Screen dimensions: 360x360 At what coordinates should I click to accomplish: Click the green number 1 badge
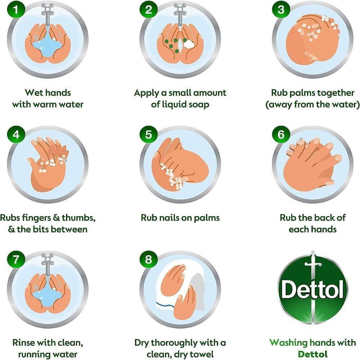pos(16,10)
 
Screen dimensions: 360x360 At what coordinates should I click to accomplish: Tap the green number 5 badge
pos(148,135)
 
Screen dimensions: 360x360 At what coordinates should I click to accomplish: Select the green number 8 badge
pos(148,260)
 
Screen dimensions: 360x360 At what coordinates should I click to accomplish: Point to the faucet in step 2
pos(180,14)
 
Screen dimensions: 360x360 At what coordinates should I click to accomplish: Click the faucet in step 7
pos(48,264)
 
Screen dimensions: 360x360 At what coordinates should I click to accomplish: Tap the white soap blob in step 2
pos(189,44)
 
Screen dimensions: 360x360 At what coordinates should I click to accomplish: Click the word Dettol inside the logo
pos(312,290)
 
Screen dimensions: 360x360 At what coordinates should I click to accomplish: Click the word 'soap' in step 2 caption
pos(199,104)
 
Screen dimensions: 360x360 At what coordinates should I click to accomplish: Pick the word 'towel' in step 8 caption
pos(203,354)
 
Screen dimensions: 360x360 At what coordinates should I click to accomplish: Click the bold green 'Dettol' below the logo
pos(312,354)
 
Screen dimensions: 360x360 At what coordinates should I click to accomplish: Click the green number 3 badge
pos(281,10)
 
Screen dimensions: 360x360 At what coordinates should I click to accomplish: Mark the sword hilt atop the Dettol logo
pos(313,262)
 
